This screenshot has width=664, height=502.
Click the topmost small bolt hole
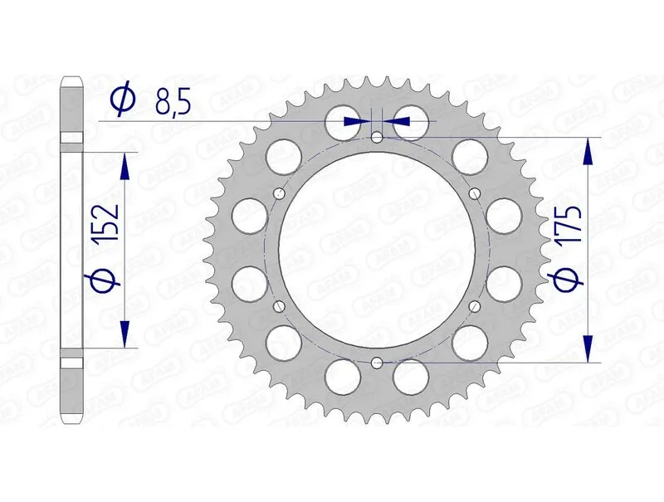point(377,138)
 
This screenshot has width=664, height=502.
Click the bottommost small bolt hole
point(377,363)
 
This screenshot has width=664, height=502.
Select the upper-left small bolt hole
point(279,194)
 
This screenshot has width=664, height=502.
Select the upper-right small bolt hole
point(475,193)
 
